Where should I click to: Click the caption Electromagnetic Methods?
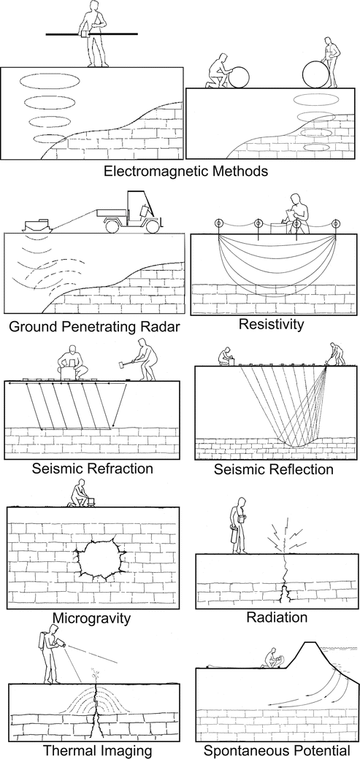tap(185, 171)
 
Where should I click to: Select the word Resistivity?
tap(272, 324)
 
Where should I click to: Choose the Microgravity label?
tap(92, 618)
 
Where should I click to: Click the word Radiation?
tap(277, 617)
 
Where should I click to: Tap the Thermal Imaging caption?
tap(98, 750)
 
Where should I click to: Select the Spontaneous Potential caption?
tap(276, 751)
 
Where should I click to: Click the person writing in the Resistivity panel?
tap(299, 214)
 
